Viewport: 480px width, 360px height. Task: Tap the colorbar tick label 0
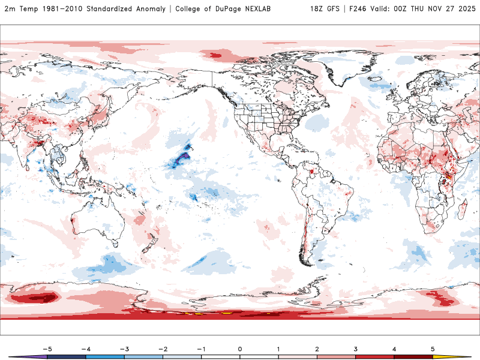tap(239, 348)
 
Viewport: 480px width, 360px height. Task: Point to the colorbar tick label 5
tap(433, 348)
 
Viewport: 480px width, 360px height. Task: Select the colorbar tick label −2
tap(162, 348)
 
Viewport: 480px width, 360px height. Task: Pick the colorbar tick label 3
tap(355, 348)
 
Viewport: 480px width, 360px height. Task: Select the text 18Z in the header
tap(317, 9)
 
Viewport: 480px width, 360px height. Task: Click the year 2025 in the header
tap(465, 9)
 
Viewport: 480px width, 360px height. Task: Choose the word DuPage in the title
tap(223, 9)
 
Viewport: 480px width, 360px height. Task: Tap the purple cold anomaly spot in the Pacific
tap(182, 158)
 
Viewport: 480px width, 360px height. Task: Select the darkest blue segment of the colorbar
tap(66, 356)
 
